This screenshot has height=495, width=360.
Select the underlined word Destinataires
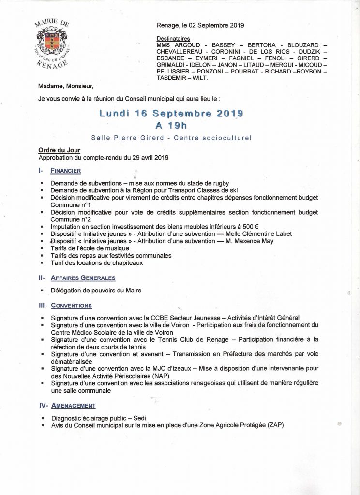173,38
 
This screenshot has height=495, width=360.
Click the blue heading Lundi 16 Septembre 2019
171,114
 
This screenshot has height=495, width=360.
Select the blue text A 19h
171,126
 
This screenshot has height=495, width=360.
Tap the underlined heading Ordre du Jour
59,150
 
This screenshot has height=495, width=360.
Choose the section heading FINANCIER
65,171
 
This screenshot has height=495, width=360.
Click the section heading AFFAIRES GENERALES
83,278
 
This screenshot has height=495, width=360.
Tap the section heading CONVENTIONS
71,306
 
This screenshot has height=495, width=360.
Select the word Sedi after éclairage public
139,418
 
